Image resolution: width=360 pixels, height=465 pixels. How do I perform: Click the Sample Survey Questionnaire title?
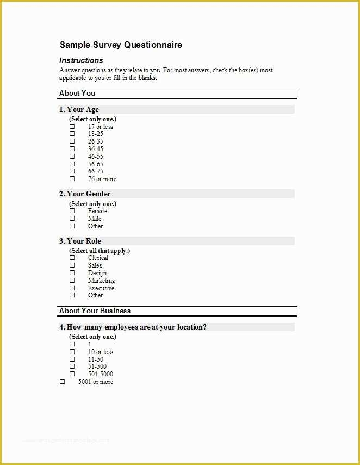click(x=121, y=45)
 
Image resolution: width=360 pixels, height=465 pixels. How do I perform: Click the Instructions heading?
click(x=81, y=60)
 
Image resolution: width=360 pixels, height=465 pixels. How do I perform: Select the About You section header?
click(x=77, y=94)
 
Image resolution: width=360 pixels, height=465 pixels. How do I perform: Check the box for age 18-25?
click(x=72, y=134)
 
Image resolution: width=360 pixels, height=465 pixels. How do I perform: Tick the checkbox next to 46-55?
click(x=72, y=157)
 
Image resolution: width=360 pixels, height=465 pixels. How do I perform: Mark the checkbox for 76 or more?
click(x=72, y=179)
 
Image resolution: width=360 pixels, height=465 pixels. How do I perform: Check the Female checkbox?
click(x=72, y=211)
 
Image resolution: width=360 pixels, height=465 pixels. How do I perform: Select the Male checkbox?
click(x=72, y=219)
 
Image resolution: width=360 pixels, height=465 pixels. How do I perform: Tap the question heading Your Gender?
click(x=85, y=194)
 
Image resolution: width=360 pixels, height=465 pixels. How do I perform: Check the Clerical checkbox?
click(x=72, y=258)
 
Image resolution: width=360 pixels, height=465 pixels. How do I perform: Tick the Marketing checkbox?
click(x=72, y=281)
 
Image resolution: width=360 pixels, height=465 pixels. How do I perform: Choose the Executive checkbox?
click(x=72, y=288)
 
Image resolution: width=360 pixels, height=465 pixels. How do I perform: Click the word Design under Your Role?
click(x=97, y=273)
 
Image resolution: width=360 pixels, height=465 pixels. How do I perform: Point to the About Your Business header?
click(x=95, y=311)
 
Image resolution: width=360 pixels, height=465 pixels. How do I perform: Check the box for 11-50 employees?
click(x=72, y=359)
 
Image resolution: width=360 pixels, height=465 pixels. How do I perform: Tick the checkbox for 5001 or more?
click(x=62, y=382)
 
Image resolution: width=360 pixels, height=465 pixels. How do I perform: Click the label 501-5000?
click(x=101, y=374)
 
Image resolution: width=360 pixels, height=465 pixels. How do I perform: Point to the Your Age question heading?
click(x=79, y=110)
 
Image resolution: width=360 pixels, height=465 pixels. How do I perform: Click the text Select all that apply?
click(x=100, y=251)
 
